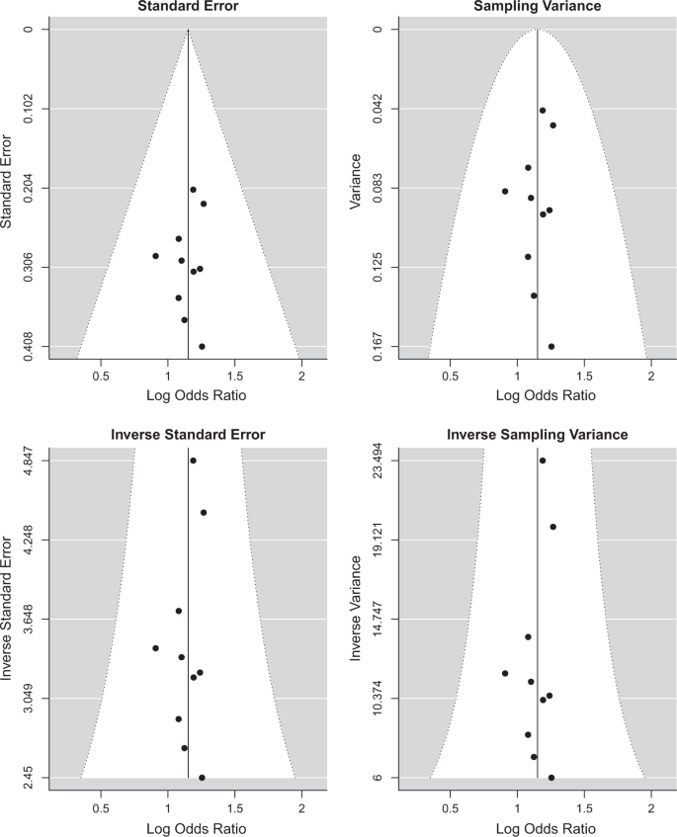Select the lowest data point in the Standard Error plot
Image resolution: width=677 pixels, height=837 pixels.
pos(202,346)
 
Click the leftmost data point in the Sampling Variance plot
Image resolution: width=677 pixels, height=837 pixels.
pos(505,191)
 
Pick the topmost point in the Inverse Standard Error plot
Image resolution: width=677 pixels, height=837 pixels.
pos(194,460)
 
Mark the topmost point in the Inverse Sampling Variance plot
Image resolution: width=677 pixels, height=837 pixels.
pos(543,460)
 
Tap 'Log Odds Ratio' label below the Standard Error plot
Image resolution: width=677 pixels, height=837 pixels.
pos(188,396)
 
